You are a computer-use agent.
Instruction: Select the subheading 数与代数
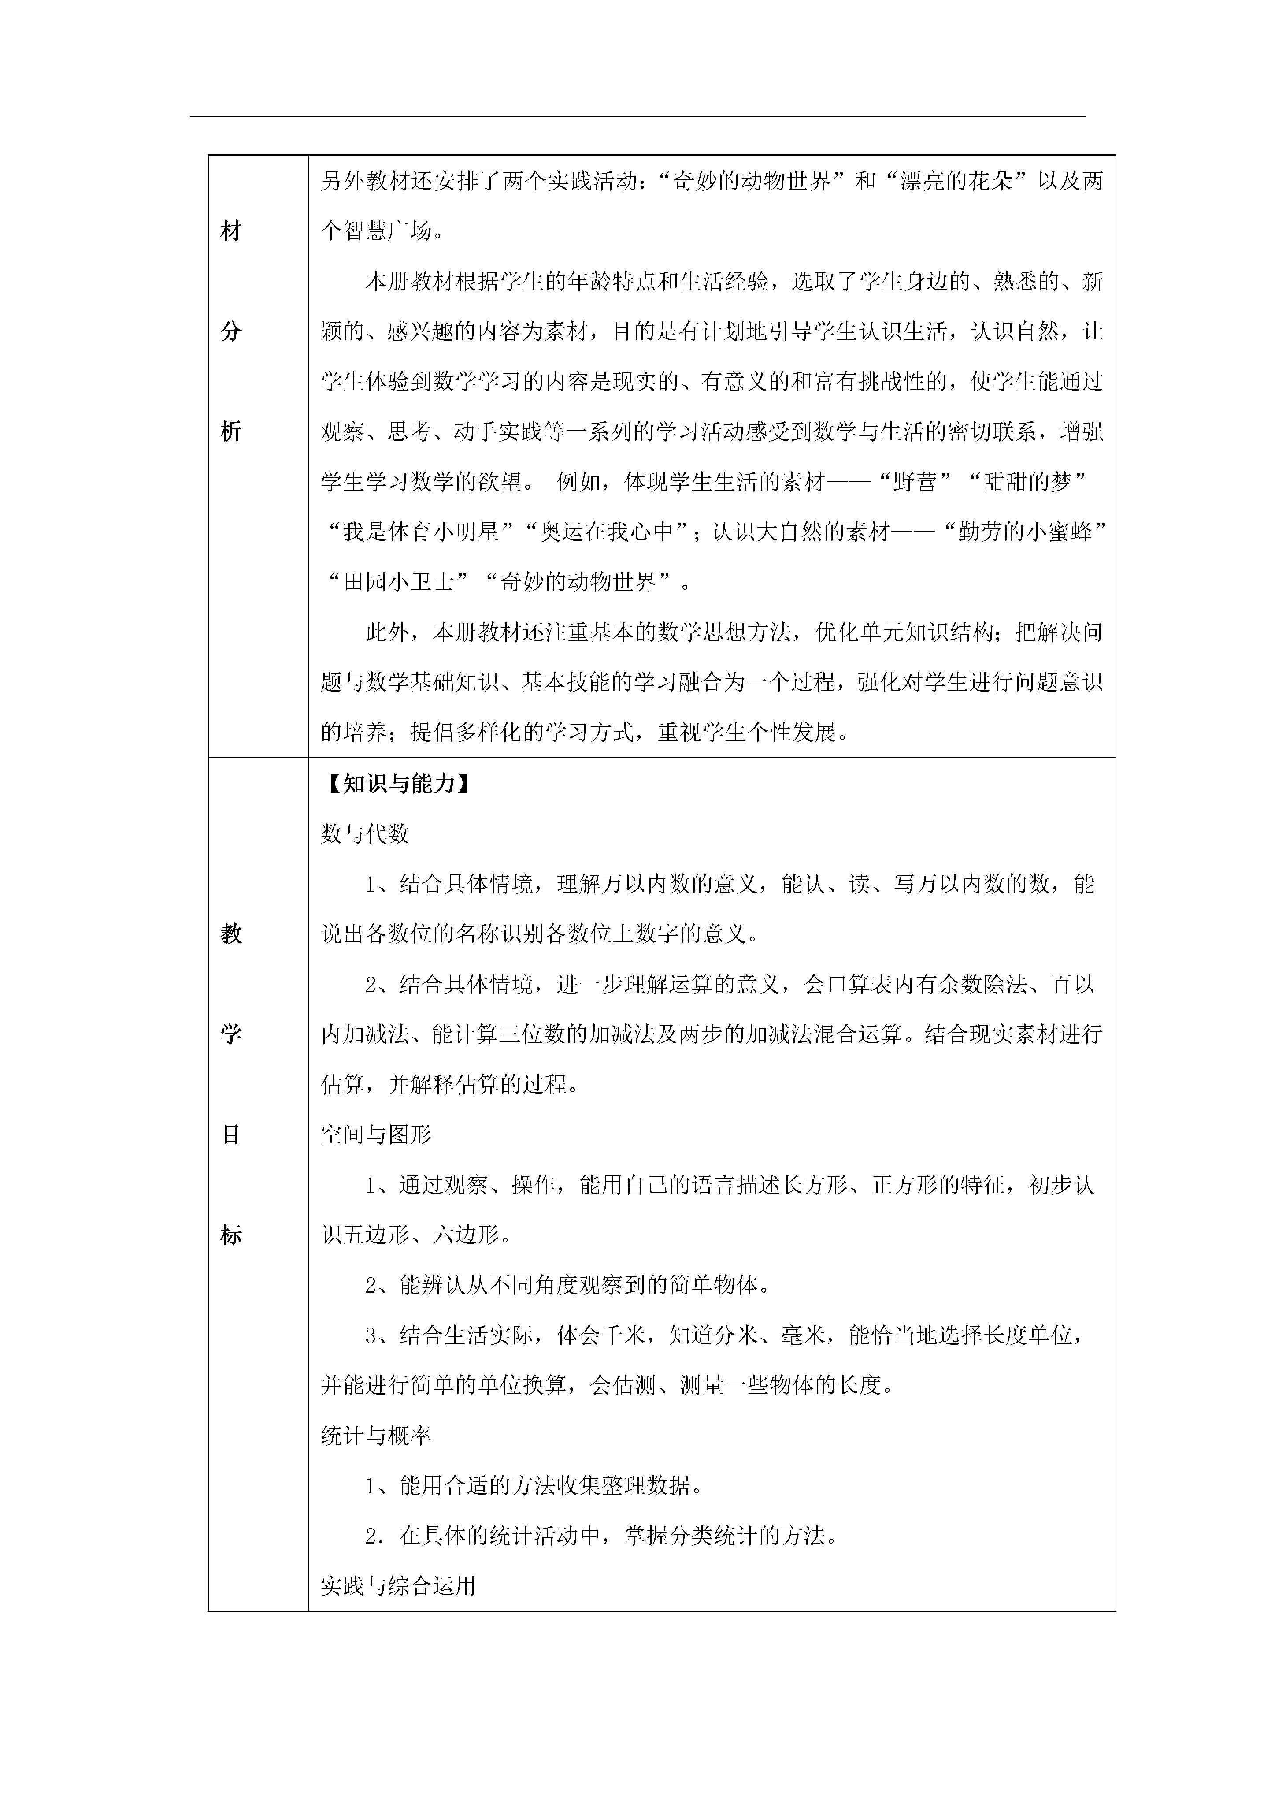tap(365, 834)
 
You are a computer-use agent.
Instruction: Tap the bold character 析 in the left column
tap(231, 431)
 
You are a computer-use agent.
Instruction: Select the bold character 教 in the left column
tap(231, 934)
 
